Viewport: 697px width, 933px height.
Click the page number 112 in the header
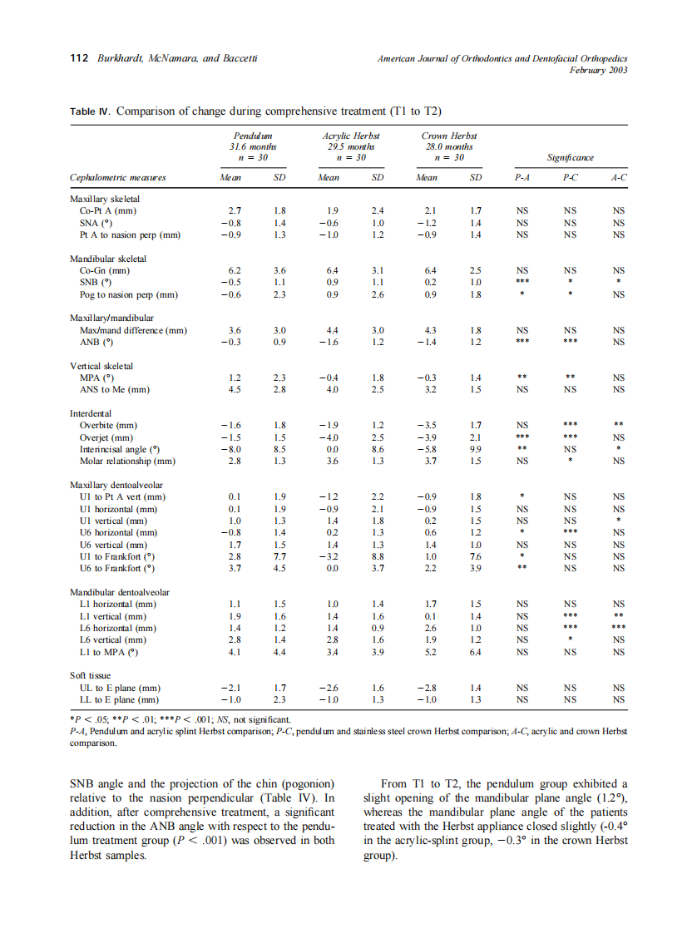[77, 58]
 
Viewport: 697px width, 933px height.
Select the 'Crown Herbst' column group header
[449, 136]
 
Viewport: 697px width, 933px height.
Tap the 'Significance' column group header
[571, 156]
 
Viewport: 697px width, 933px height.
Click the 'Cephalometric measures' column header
[117, 177]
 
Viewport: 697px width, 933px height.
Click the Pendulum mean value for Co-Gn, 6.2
[235, 270]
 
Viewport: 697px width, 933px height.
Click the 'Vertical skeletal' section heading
[101, 365]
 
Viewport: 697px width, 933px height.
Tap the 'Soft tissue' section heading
[90, 676]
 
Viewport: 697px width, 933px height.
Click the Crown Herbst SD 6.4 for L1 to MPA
[476, 652]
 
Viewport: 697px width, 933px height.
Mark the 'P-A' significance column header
[522, 177]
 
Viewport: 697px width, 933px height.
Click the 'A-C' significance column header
[617, 177]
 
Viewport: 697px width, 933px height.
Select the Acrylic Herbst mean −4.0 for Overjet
[329, 437]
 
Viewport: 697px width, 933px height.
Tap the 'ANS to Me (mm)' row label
[115, 389]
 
